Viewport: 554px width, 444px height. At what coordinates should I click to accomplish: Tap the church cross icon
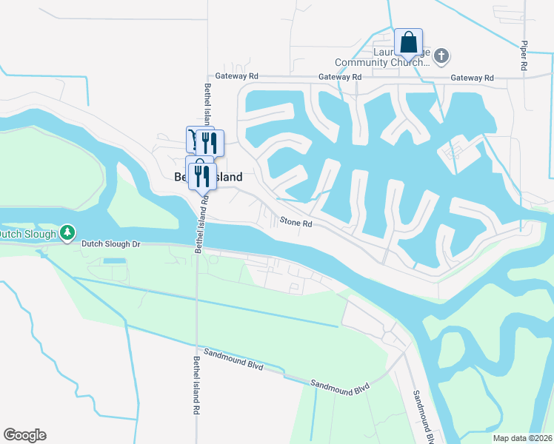[x=441, y=55]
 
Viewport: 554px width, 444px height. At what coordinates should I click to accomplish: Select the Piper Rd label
[x=524, y=55]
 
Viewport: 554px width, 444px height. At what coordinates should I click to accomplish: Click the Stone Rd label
[x=296, y=221]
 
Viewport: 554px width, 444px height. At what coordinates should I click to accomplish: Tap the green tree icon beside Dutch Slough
[x=67, y=234]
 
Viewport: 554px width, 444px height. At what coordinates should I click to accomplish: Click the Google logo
[x=24, y=435]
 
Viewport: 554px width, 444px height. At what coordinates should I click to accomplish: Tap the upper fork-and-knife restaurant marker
[x=211, y=141]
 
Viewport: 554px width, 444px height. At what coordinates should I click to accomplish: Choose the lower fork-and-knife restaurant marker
[x=199, y=175]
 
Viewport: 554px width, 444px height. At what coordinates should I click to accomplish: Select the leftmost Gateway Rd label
[x=236, y=76]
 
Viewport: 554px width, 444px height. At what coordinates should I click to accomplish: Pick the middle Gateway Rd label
[x=340, y=77]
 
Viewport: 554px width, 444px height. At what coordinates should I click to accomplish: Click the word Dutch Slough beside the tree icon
[x=28, y=235]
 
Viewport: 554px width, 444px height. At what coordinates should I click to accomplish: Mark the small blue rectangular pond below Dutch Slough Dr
[x=115, y=261]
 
